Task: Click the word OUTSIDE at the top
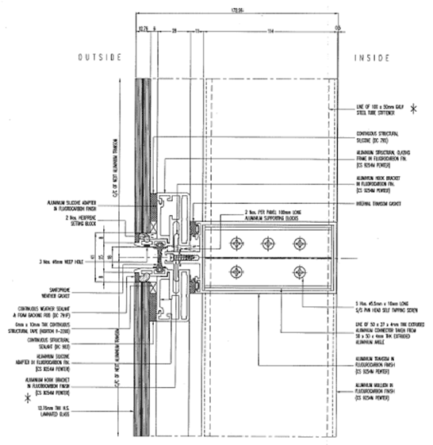tap(98, 57)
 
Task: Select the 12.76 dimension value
tap(144, 29)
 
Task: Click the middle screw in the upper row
tap(267, 244)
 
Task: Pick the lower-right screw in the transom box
tap(298, 272)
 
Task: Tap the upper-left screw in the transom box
tap(236, 244)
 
